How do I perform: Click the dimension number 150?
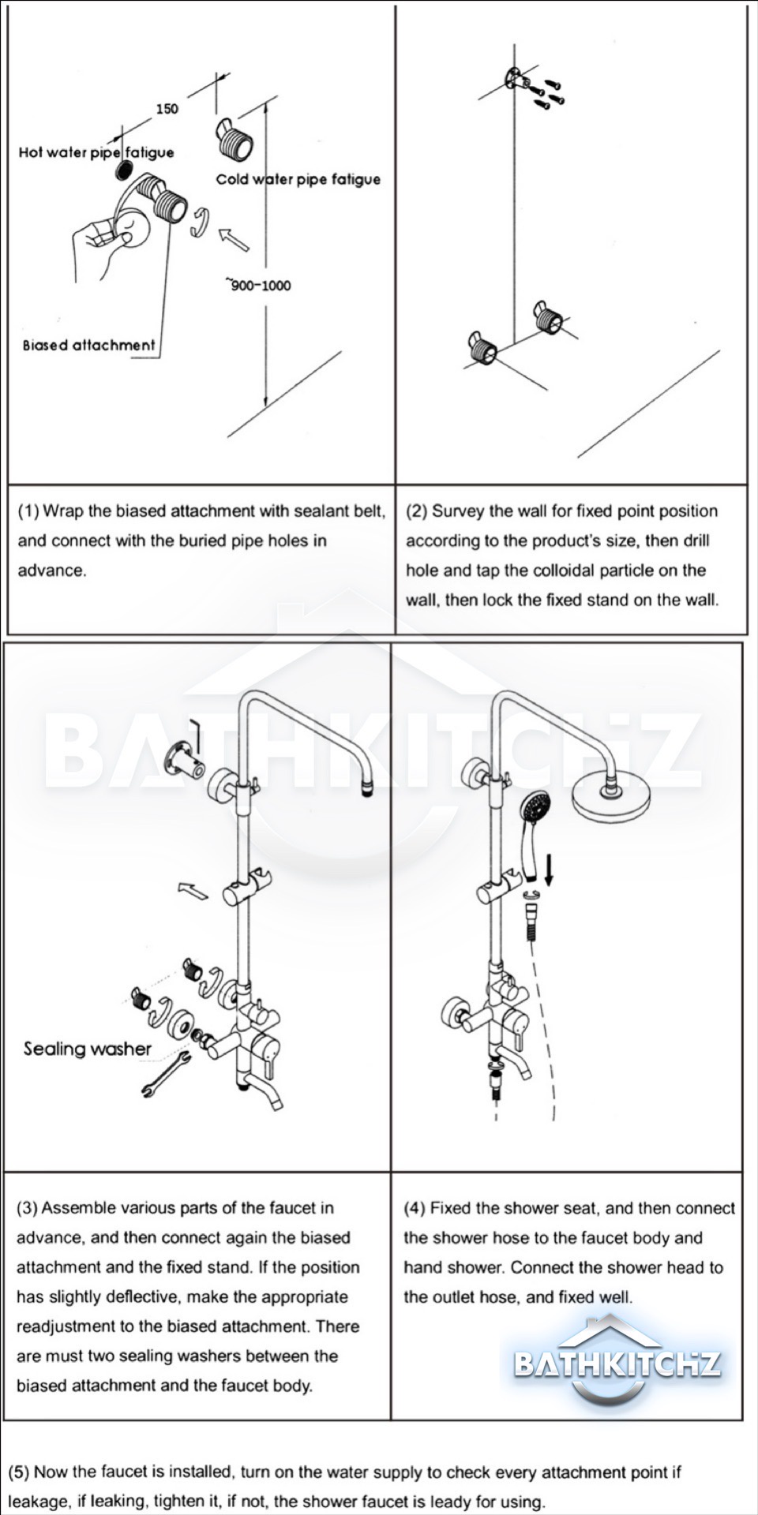(x=167, y=109)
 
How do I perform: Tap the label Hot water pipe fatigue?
(x=96, y=152)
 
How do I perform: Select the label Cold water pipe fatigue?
(x=298, y=179)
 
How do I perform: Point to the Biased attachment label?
(x=88, y=345)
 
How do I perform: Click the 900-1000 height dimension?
(x=259, y=285)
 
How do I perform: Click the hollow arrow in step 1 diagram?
(x=234, y=239)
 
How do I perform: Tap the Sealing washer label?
(x=87, y=1049)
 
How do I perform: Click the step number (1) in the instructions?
(x=28, y=511)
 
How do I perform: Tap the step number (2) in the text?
(x=416, y=511)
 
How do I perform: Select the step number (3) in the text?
(x=27, y=1208)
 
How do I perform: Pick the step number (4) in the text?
(x=415, y=1208)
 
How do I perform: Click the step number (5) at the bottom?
(x=19, y=1472)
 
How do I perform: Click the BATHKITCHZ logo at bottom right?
(x=617, y=1363)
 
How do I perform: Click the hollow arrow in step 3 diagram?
(x=193, y=891)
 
